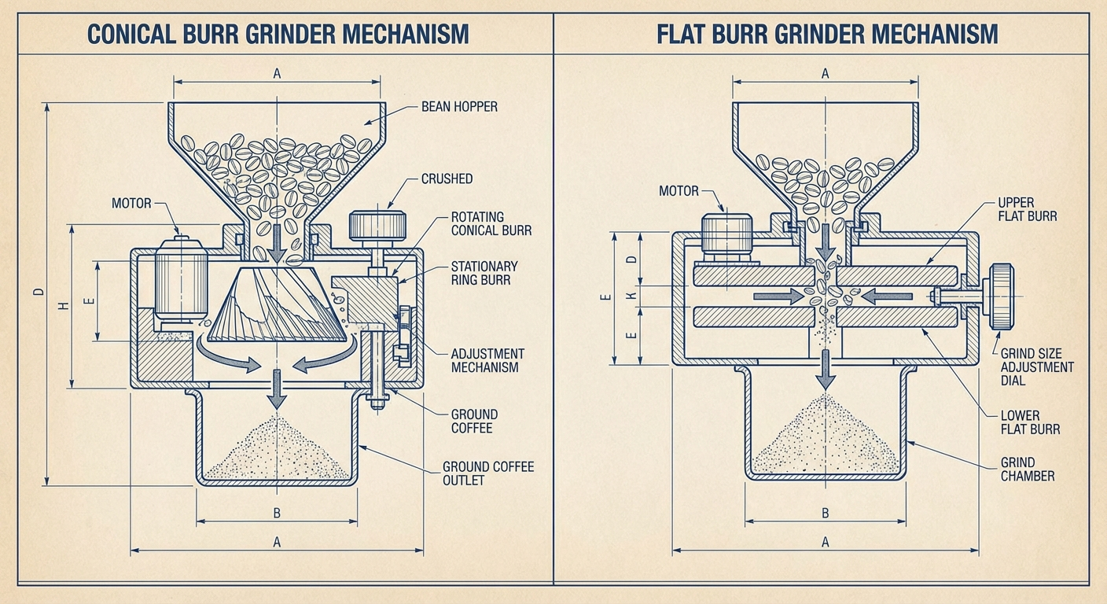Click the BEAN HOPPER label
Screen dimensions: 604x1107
(x=459, y=106)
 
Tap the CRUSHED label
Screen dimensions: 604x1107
(x=447, y=179)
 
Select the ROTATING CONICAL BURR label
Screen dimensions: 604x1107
(x=491, y=223)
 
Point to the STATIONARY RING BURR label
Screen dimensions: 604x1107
(x=484, y=272)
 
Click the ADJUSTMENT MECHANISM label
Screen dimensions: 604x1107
(x=487, y=360)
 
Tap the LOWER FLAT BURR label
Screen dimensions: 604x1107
(x=1031, y=422)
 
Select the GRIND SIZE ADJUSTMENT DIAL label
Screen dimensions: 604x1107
(x=1036, y=367)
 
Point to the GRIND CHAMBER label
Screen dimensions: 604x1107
(x=1027, y=469)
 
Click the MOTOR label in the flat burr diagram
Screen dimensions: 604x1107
(x=679, y=191)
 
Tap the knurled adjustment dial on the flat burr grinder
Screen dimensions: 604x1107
(x=1001, y=296)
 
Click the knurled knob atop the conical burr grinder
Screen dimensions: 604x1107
(x=377, y=226)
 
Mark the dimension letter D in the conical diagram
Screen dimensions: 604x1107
(x=37, y=293)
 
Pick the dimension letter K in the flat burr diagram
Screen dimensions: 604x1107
(x=631, y=296)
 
